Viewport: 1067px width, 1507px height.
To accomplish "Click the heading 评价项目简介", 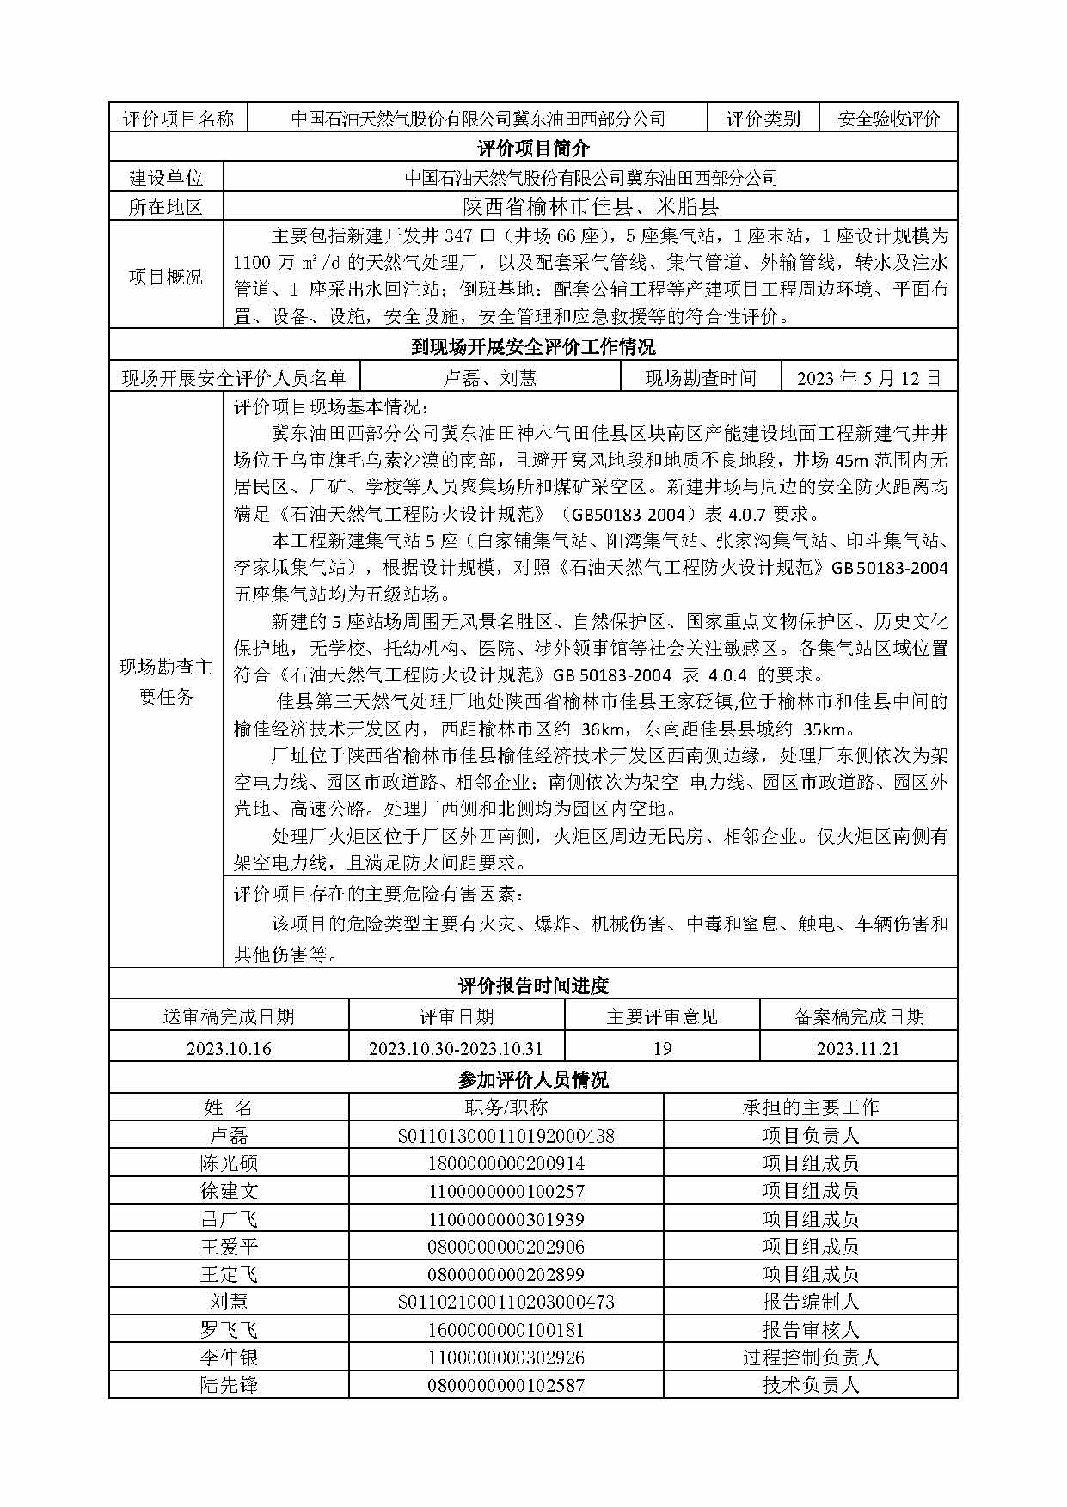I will click(x=533, y=149).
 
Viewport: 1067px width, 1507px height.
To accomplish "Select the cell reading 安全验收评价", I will click(x=889, y=119).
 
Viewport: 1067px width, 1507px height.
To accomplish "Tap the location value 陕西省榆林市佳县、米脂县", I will click(x=590, y=206).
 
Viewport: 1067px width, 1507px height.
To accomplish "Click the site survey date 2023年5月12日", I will click(x=868, y=378).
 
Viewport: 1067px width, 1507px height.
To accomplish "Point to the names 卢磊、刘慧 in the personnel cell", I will click(x=489, y=378).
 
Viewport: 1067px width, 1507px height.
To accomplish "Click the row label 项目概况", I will click(x=166, y=277).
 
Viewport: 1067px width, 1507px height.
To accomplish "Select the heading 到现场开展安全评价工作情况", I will click(x=533, y=347).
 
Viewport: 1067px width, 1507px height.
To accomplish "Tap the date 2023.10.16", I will click(x=229, y=1048).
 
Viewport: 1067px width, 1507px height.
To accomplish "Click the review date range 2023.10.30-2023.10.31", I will click(x=456, y=1048).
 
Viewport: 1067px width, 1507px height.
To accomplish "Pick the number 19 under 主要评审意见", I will click(x=662, y=1048).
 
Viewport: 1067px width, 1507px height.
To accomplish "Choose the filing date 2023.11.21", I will click(x=858, y=1048).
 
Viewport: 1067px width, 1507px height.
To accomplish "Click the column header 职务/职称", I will click(x=506, y=1107).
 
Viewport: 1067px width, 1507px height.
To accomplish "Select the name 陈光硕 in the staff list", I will click(x=229, y=1163).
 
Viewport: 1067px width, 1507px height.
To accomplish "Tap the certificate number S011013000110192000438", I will click(x=506, y=1136).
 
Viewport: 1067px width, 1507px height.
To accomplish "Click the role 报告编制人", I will click(x=810, y=1302).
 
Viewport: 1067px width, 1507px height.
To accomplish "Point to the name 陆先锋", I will click(x=229, y=1385).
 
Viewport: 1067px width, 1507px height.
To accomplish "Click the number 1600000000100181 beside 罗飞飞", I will click(x=506, y=1330).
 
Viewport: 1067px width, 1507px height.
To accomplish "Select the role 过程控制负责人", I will click(x=810, y=1358).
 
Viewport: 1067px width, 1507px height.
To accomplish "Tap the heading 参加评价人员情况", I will click(x=533, y=1080).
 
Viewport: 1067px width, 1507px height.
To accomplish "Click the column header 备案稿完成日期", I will click(x=858, y=1016).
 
